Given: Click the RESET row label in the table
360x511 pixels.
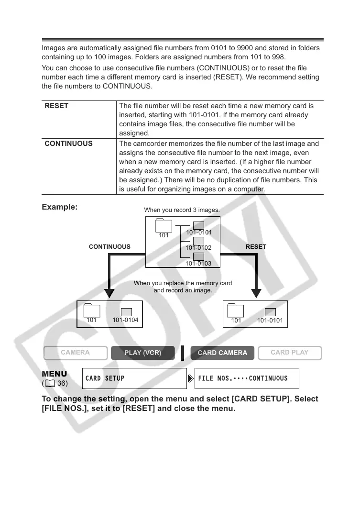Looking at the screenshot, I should (56, 106).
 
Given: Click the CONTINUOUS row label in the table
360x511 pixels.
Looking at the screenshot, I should (68, 144).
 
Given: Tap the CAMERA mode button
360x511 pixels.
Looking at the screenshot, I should (75, 353).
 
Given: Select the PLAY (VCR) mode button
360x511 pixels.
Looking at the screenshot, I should (142, 353).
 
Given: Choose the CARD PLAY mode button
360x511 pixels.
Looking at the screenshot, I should (289, 353).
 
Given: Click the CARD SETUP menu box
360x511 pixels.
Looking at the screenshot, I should (134, 378).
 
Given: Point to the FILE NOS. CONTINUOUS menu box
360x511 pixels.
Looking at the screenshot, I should (247, 378).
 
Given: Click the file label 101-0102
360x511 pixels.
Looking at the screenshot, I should (198, 248).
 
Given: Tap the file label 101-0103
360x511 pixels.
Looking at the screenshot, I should (198, 264).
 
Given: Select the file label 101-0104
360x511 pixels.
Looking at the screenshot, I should (125, 320).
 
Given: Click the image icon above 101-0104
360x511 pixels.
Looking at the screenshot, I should (126, 312).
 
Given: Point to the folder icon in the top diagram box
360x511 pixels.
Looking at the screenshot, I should (164, 225).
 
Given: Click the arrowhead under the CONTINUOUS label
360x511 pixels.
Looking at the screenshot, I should (109, 292).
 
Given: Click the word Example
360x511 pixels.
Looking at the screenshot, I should (59, 207).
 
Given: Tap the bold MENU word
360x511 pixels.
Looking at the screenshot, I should (55, 373).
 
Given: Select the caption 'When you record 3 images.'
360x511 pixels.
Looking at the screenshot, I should (182, 210).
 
